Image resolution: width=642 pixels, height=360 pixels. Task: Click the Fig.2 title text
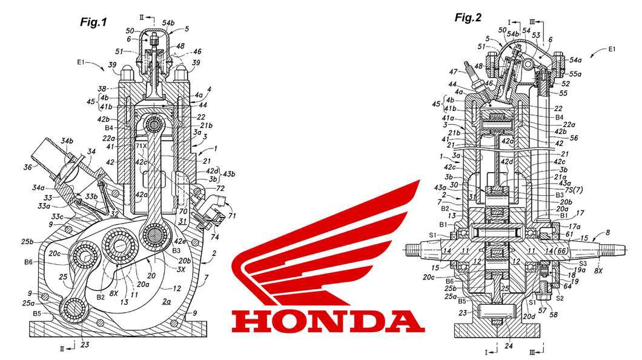coord(468,17)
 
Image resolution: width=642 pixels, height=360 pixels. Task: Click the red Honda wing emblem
coord(327,242)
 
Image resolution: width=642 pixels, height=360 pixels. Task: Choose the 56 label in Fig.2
coord(574,138)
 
